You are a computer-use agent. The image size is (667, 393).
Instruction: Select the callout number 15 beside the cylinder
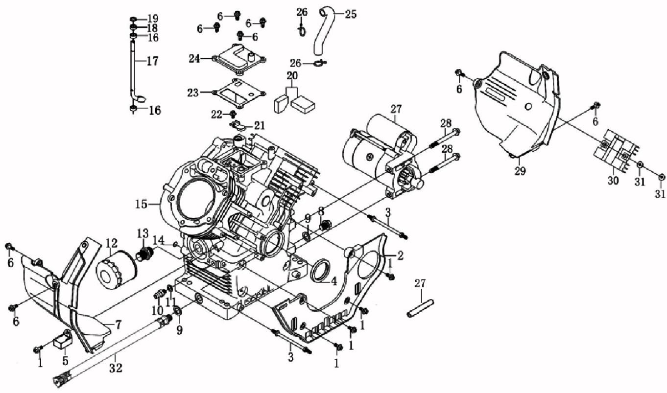[x=141, y=204]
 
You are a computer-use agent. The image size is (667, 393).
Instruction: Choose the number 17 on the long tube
[x=152, y=62]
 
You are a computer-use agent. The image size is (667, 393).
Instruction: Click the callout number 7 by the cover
[x=119, y=324]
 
